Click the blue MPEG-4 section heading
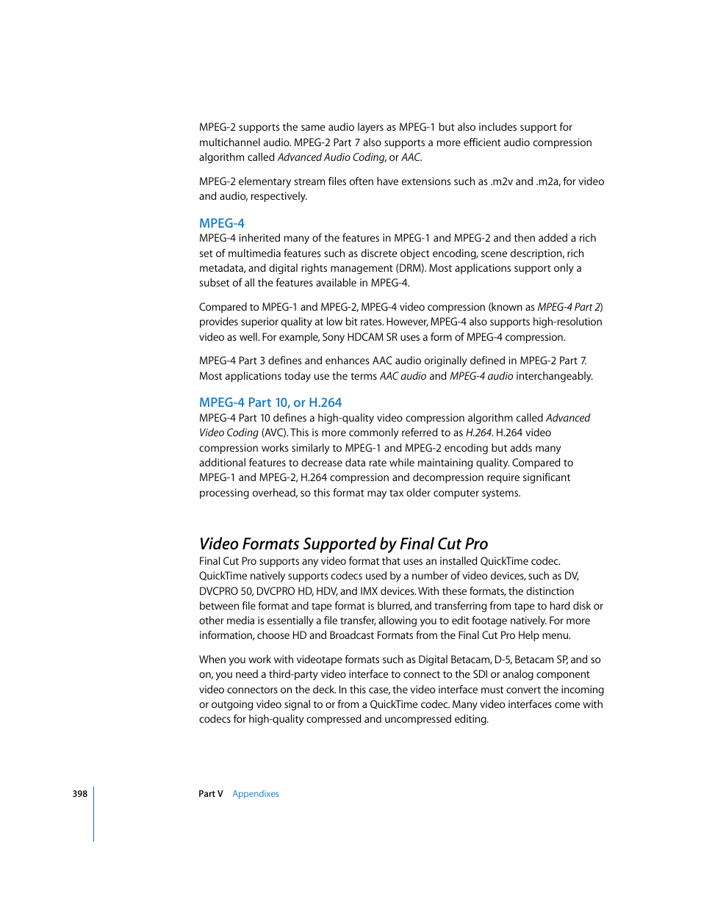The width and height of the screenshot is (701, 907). click(221, 223)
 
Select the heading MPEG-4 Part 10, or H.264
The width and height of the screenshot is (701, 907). click(270, 402)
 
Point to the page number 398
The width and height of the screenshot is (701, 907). click(79, 794)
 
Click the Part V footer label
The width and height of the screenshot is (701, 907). click(210, 794)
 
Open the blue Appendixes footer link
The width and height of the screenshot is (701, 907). click(255, 794)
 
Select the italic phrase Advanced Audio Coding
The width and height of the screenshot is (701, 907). click(331, 157)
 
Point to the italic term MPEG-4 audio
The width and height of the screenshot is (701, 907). click(481, 376)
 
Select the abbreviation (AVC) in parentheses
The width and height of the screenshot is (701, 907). click(274, 433)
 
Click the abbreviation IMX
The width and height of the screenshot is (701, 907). click(369, 591)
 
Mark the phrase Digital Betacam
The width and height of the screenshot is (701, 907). click(453, 660)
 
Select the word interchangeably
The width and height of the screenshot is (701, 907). click(554, 376)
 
